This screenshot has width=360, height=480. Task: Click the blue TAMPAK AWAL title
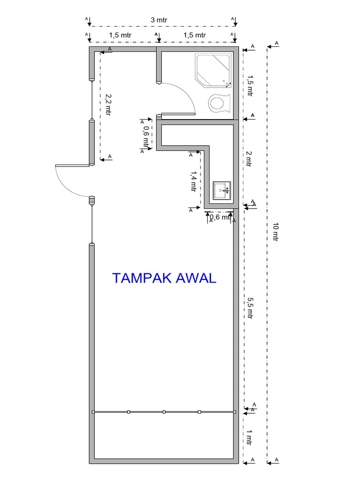(x=164, y=278)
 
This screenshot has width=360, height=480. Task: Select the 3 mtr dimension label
(x=159, y=20)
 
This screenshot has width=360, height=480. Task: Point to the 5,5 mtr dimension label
(x=249, y=307)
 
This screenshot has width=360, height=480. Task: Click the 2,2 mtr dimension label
(x=108, y=105)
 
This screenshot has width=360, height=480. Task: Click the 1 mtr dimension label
(x=249, y=438)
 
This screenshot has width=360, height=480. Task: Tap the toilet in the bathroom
(x=219, y=103)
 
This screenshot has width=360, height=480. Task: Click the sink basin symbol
(x=222, y=190)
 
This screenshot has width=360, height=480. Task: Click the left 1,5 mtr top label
(x=121, y=35)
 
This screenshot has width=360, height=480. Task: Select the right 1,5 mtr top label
(x=194, y=35)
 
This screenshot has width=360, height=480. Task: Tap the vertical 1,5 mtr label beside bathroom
(x=249, y=85)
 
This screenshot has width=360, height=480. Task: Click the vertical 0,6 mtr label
(x=146, y=136)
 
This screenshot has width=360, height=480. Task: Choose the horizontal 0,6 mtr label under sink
(x=219, y=217)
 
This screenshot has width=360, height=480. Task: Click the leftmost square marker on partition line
(x=94, y=412)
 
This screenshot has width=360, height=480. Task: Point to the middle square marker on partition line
(x=164, y=412)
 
